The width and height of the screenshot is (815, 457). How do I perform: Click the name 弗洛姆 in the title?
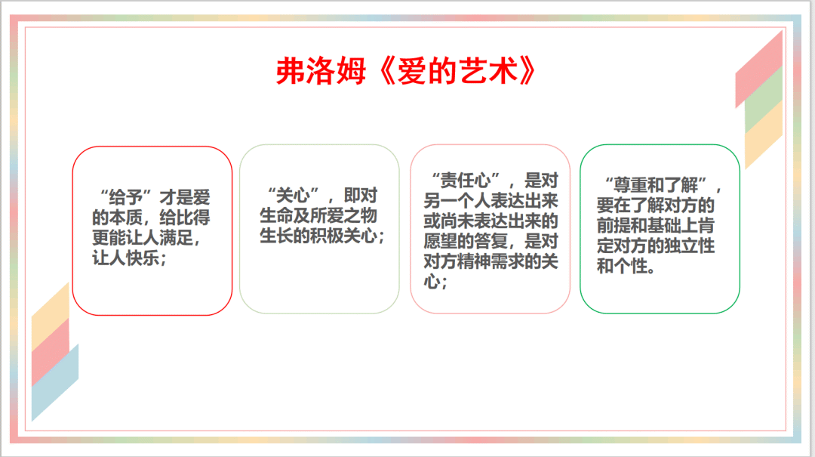pyautogui.click(x=321, y=71)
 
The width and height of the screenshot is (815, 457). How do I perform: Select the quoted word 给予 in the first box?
pyautogui.click(x=126, y=198)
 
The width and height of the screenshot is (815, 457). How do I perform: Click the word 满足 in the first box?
pyautogui.click(x=176, y=238)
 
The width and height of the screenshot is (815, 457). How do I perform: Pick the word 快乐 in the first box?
pyautogui.click(x=143, y=258)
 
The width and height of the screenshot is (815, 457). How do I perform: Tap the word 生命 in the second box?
pyautogui.click(x=276, y=215)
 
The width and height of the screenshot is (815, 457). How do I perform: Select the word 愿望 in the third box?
pyautogui.click(x=440, y=242)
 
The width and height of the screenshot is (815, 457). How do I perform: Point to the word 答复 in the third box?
pyautogui.click(x=491, y=242)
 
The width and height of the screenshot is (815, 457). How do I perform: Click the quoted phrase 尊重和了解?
pyautogui.click(x=656, y=185)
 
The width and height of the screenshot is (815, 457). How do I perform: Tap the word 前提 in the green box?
pyautogui.click(x=614, y=226)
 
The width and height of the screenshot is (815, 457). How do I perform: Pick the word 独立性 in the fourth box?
pyautogui.click(x=690, y=245)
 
